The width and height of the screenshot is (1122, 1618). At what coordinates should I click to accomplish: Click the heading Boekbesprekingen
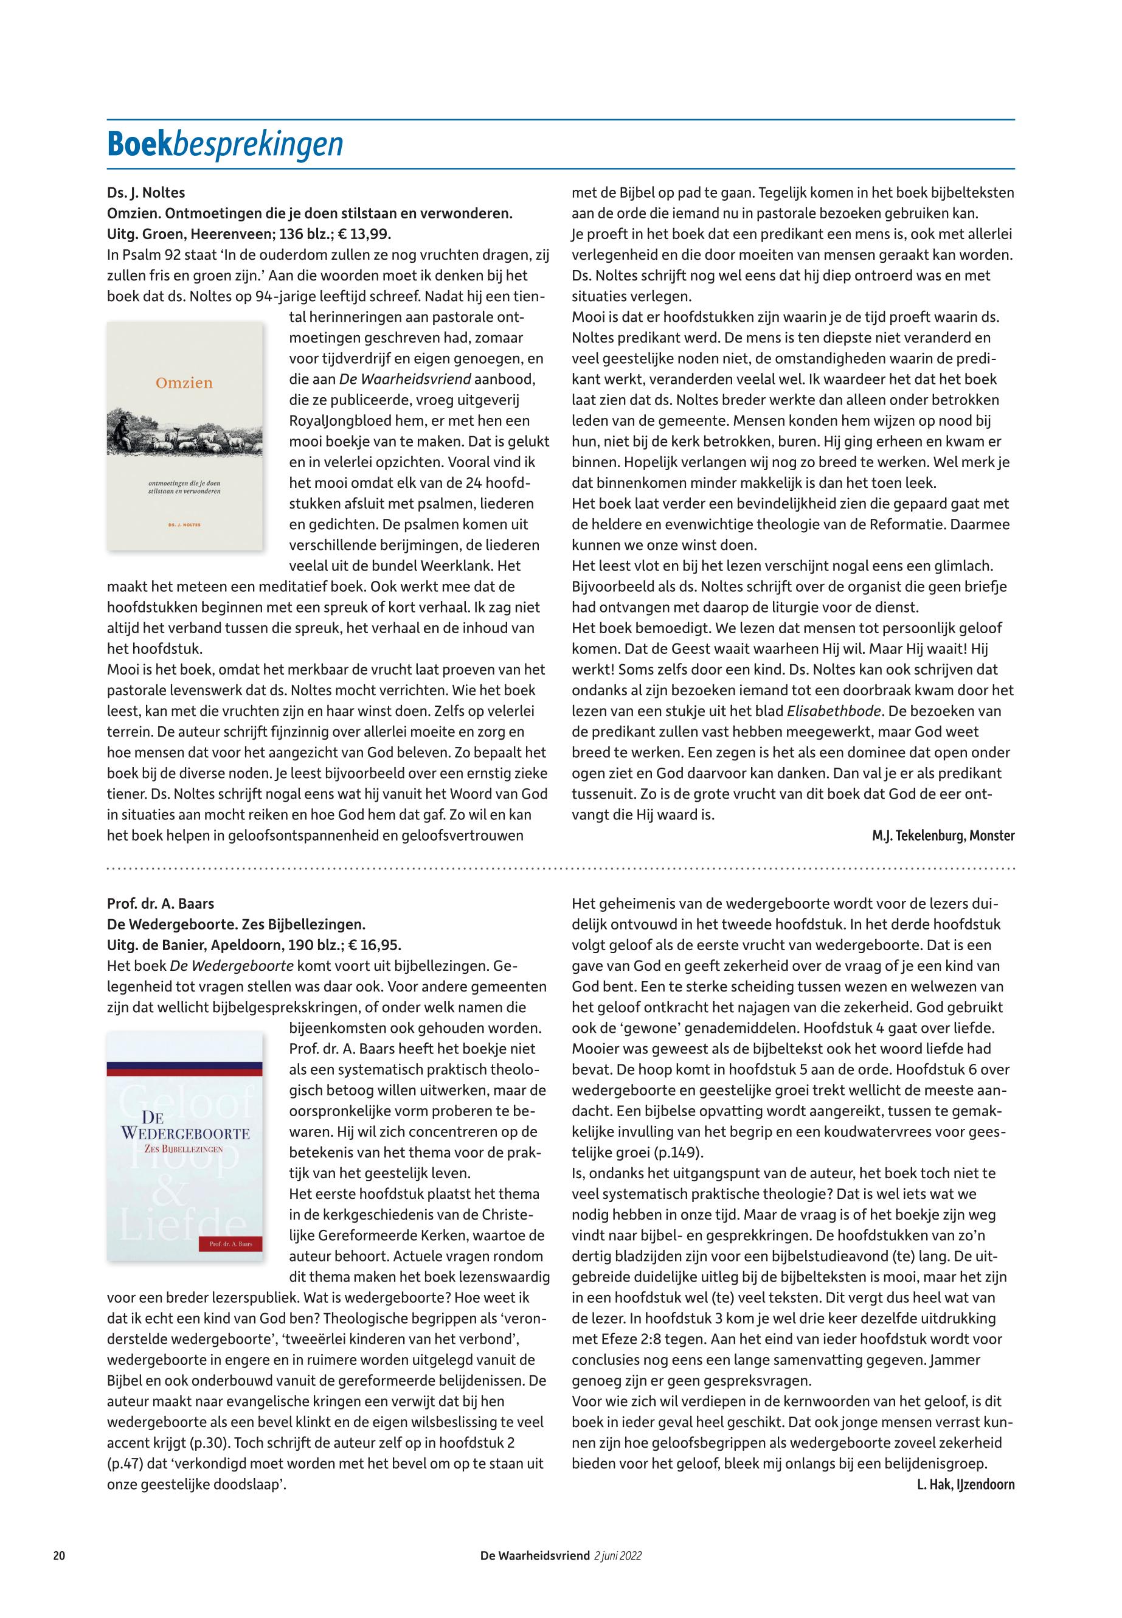[x=224, y=144]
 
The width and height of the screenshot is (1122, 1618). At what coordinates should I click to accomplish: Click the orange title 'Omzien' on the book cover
[x=184, y=383]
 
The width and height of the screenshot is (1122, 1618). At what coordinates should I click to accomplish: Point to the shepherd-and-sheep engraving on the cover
[x=184, y=431]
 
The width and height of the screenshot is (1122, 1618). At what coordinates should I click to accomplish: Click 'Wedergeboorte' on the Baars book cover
[x=185, y=1134]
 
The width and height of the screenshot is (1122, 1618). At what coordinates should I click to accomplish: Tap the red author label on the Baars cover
[x=231, y=1244]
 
